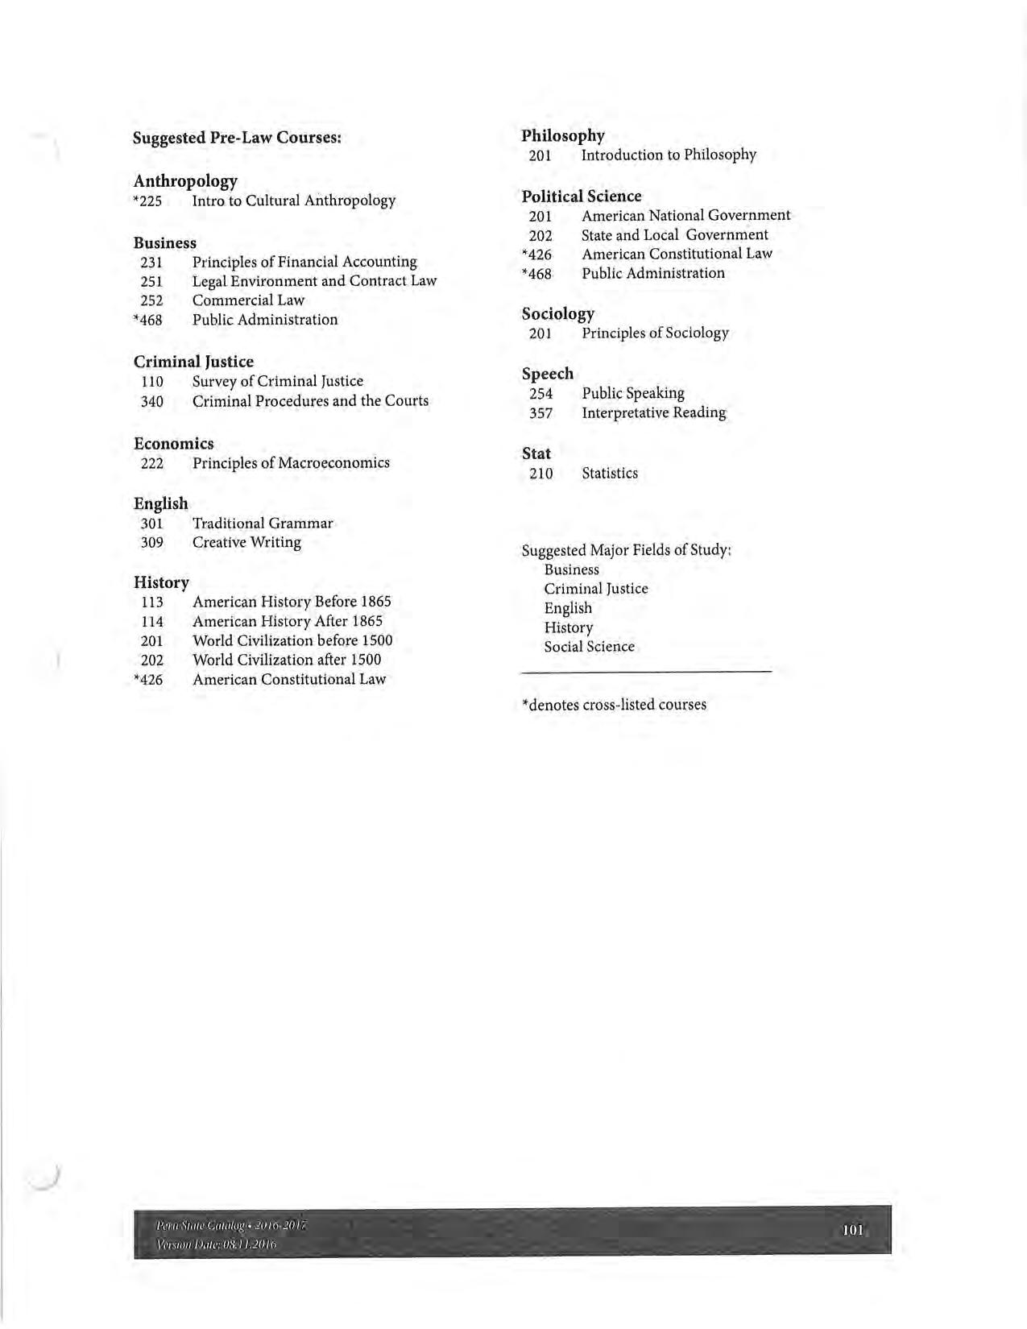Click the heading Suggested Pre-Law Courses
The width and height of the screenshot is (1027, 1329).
[237, 138]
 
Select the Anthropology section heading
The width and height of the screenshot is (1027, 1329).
[185, 180]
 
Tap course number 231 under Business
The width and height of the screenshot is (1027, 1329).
[151, 263]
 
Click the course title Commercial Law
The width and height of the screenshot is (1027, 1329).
[248, 300]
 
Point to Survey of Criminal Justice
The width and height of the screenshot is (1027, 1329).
[277, 381]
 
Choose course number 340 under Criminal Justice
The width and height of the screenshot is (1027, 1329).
[151, 401]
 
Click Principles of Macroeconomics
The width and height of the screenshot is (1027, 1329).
[291, 463]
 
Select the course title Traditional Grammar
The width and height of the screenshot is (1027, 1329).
[263, 524]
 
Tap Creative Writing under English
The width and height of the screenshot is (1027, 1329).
[246, 543]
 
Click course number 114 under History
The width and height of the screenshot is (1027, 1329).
[151, 622]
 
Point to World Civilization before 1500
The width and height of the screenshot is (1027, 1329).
[292, 641]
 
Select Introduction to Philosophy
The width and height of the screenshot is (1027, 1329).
[669, 155]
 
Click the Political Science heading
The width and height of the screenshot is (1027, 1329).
[581, 197]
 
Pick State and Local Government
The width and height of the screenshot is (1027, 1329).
[674, 235]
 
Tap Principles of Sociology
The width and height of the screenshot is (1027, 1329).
[655, 333]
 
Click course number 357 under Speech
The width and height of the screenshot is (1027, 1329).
[540, 413]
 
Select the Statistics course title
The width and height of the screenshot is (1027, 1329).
[610, 474]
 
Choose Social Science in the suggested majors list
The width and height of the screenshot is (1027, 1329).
[589, 647]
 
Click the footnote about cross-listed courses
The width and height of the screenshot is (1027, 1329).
[614, 705]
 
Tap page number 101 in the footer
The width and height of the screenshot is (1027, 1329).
[852, 1230]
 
